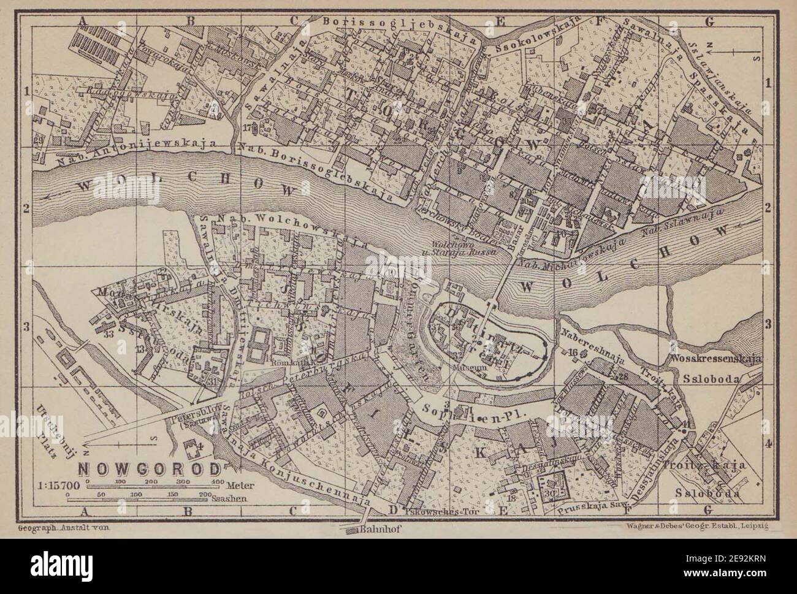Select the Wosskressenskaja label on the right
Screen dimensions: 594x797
(x=715, y=360)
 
